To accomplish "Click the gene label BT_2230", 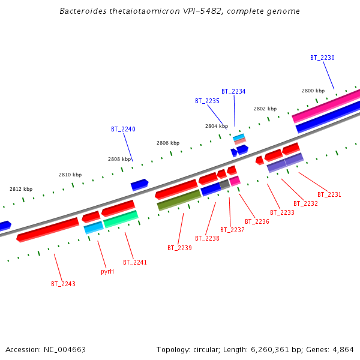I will [x=322, y=58].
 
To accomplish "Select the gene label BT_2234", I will [x=233, y=91].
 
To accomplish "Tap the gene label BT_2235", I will [x=207, y=101].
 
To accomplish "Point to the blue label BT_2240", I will [x=123, y=129].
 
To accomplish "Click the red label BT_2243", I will [x=63, y=284].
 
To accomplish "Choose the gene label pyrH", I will [x=107, y=271].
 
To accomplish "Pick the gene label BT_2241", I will [x=135, y=262].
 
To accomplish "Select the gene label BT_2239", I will [x=179, y=248].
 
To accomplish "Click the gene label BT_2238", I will [x=207, y=238].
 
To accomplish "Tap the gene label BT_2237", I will [x=232, y=230].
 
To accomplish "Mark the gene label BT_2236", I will [x=257, y=221].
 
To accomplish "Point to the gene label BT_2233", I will [x=282, y=212].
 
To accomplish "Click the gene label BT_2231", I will [x=329, y=194].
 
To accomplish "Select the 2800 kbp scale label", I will [x=313, y=91].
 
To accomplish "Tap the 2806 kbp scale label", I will [x=168, y=143].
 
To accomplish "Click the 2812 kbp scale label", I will [x=21, y=189].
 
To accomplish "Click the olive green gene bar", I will [x=179, y=200].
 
